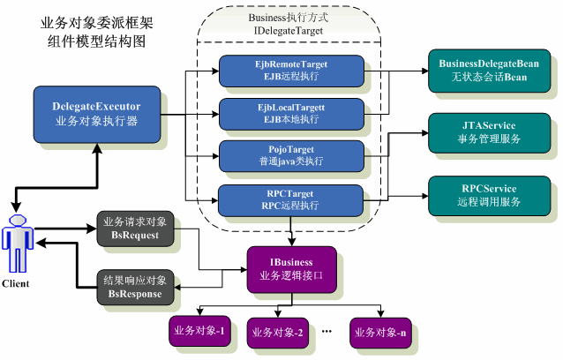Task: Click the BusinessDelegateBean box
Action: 488,71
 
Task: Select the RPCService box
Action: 490,194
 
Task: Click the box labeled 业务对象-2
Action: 278,333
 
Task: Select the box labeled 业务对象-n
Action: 380,333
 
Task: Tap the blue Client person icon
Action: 16,245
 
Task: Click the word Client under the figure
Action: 16,284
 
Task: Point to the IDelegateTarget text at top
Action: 289,32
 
